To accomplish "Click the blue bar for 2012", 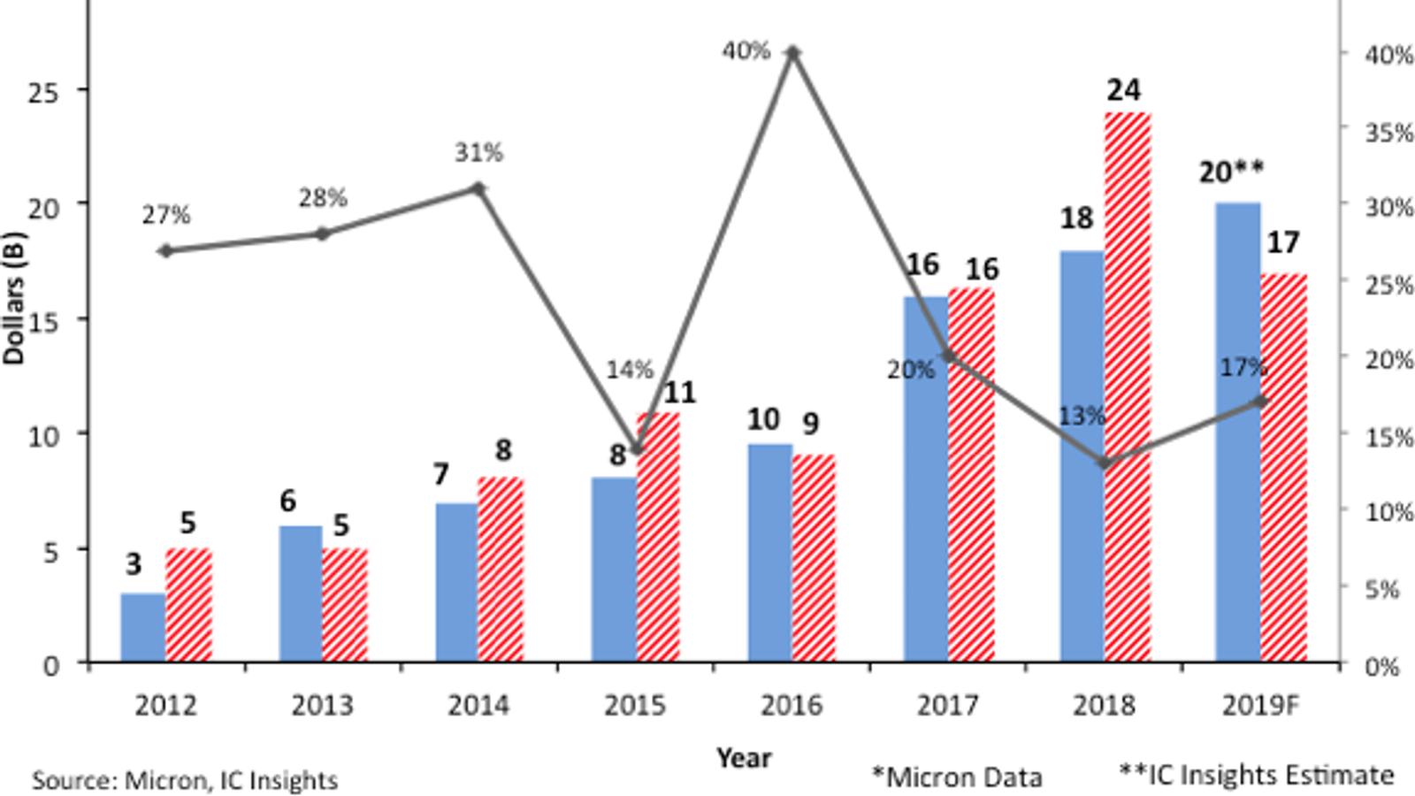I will tap(143, 627).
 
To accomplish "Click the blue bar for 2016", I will tap(769, 553).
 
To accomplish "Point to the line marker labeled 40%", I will tap(793, 53).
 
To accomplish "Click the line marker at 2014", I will tap(478, 188).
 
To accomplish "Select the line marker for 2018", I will tap(1105, 463).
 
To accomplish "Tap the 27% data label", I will tap(166, 215).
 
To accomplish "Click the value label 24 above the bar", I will tap(1123, 90).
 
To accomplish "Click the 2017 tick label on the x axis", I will tap(947, 706).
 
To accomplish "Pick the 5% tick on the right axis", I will tap(1383, 589).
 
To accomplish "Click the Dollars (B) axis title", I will tap(14, 298).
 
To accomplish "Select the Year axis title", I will tap(744, 758).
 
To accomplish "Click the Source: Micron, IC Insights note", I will tap(185, 781).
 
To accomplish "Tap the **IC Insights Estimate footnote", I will tap(1256, 775).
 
